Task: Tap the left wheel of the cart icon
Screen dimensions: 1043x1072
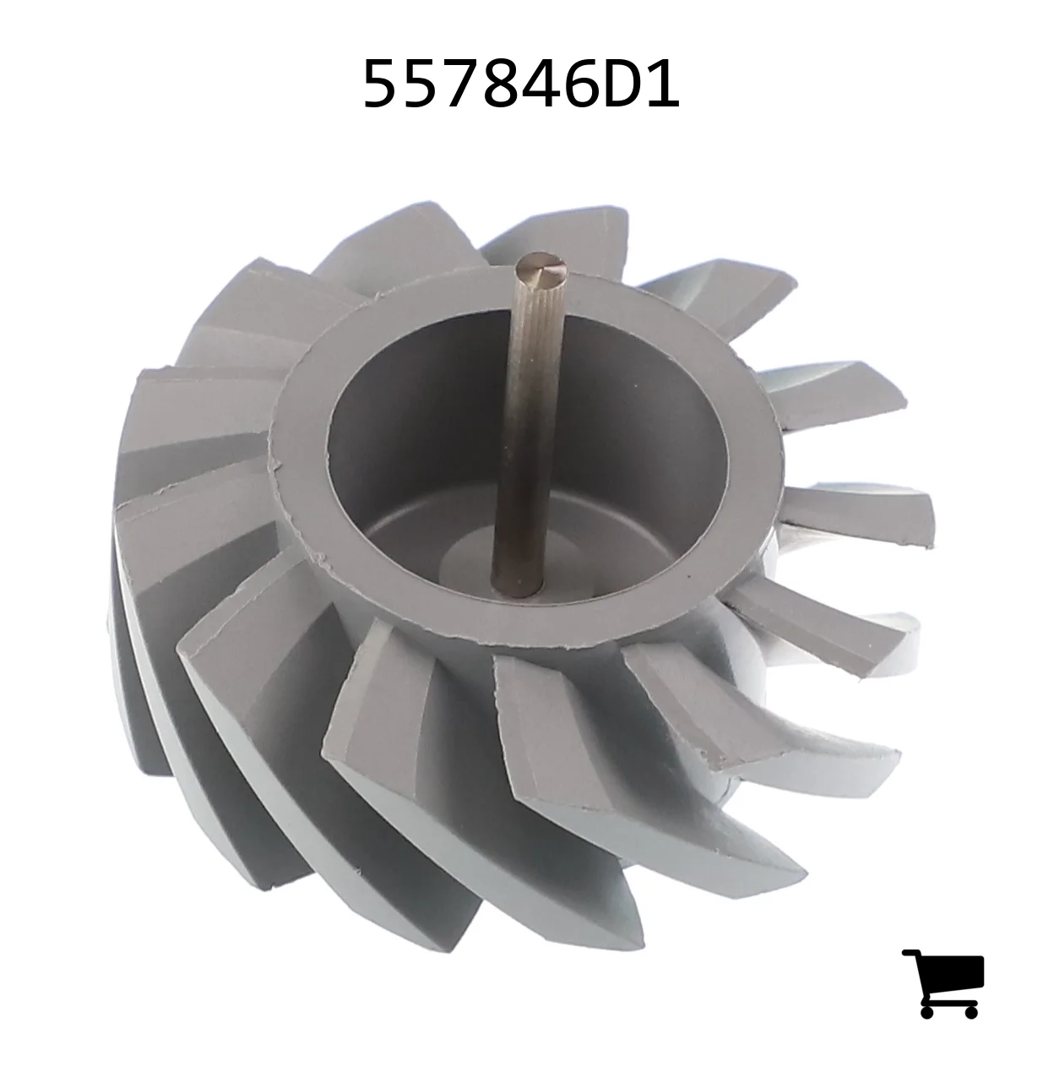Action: [x=926, y=1012]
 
